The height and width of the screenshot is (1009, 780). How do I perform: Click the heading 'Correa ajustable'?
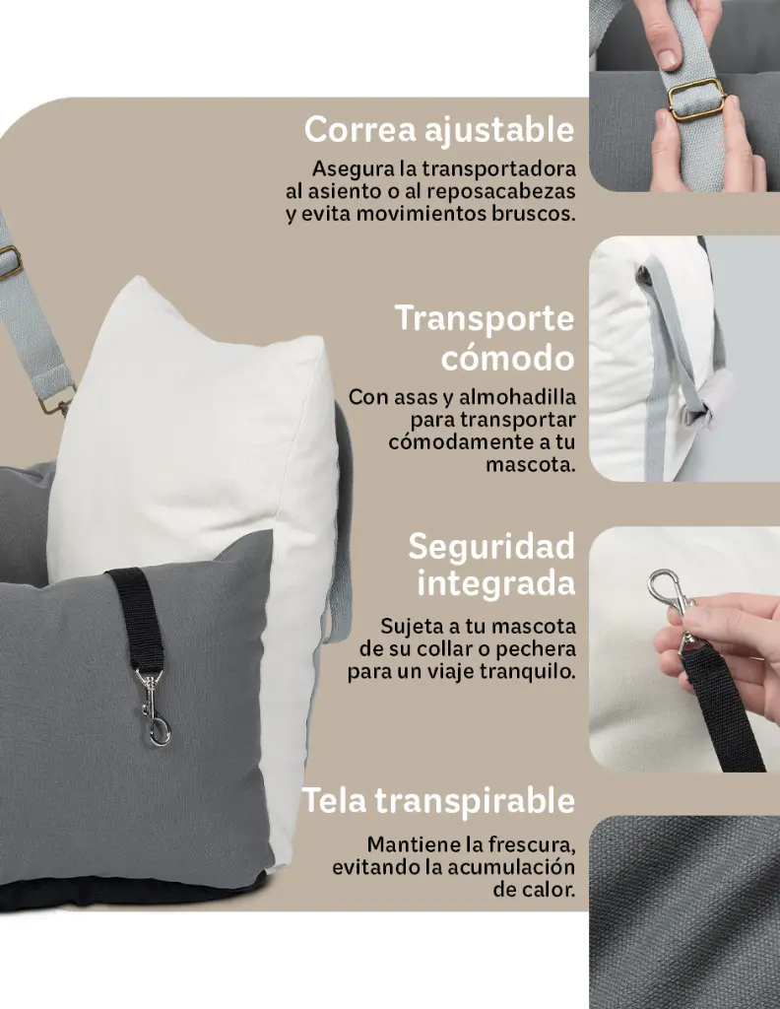(439, 129)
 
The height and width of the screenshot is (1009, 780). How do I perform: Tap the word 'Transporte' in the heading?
(485, 318)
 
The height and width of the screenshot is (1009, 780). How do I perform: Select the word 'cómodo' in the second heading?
(507, 357)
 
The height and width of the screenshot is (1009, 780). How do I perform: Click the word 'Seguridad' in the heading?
(491, 545)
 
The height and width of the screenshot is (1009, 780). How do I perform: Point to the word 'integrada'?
(495, 582)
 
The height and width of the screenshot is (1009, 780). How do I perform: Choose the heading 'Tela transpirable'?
(438, 800)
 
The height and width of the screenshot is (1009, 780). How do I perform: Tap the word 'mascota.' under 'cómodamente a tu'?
(530, 464)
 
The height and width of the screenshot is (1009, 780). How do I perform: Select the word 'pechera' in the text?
(539, 650)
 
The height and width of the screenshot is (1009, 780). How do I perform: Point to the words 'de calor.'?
(534, 890)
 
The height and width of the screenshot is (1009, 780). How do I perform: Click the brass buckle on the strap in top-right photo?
(695, 99)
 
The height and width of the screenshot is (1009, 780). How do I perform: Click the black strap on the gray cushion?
(136, 616)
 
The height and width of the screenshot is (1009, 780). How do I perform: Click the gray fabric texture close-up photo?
(684, 911)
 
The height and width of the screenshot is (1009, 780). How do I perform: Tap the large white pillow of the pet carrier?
(197, 434)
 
